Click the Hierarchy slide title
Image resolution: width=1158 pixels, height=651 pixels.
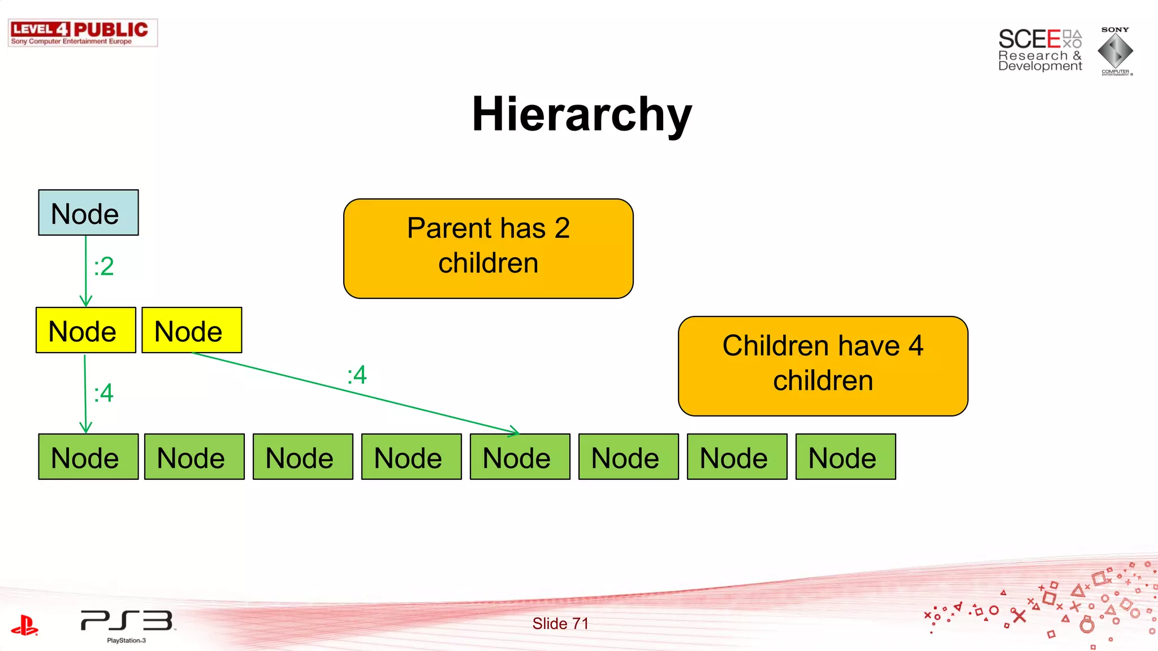[582, 114]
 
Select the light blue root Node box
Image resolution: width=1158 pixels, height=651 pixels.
[88, 212]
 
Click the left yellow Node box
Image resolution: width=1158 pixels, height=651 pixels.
[85, 330]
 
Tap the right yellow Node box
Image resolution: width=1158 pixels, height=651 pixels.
[192, 330]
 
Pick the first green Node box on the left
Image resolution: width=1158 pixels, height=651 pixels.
[88, 457]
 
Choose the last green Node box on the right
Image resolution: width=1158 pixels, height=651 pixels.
[845, 457]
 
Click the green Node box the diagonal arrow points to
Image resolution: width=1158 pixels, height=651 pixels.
[520, 457]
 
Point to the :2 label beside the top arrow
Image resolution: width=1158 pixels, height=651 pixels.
[104, 266]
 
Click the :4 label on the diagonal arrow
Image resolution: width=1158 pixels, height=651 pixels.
[357, 375]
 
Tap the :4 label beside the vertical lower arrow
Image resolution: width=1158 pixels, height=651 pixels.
[104, 393]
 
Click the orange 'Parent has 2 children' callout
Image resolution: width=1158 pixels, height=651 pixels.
[488, 248]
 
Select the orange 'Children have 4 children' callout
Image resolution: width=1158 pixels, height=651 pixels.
[823, 366]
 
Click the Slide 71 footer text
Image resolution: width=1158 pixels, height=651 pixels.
[560, 623]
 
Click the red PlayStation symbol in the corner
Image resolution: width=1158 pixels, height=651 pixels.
[24, 625]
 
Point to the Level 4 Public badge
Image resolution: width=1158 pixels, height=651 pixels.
[83, 33]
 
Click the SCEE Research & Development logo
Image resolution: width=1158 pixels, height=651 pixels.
[1039, 50]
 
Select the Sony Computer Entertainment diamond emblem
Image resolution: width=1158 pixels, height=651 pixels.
[1115, 51]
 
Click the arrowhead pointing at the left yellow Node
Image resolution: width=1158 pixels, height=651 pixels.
[86, 301]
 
